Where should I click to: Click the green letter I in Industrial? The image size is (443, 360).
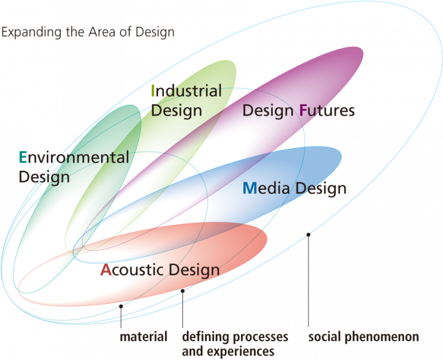tap(153, 91)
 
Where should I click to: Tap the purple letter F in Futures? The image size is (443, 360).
tap(303, 111)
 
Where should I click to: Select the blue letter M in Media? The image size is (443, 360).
tap(249, 188)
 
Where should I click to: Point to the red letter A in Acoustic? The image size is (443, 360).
tap(105, 269)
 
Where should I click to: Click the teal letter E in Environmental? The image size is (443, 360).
tap(23, 157)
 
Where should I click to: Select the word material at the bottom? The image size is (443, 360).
tap(144, 336)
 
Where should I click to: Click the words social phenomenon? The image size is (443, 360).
tap(363, 336)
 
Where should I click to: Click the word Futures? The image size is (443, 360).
tap(326, 111)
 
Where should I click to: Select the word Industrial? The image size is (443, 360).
tap(186, 91)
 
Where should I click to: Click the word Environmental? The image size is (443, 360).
tap(74, 157)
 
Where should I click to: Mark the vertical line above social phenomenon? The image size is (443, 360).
tap(308, 283)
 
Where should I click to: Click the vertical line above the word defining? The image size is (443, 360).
tap(183, 312)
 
